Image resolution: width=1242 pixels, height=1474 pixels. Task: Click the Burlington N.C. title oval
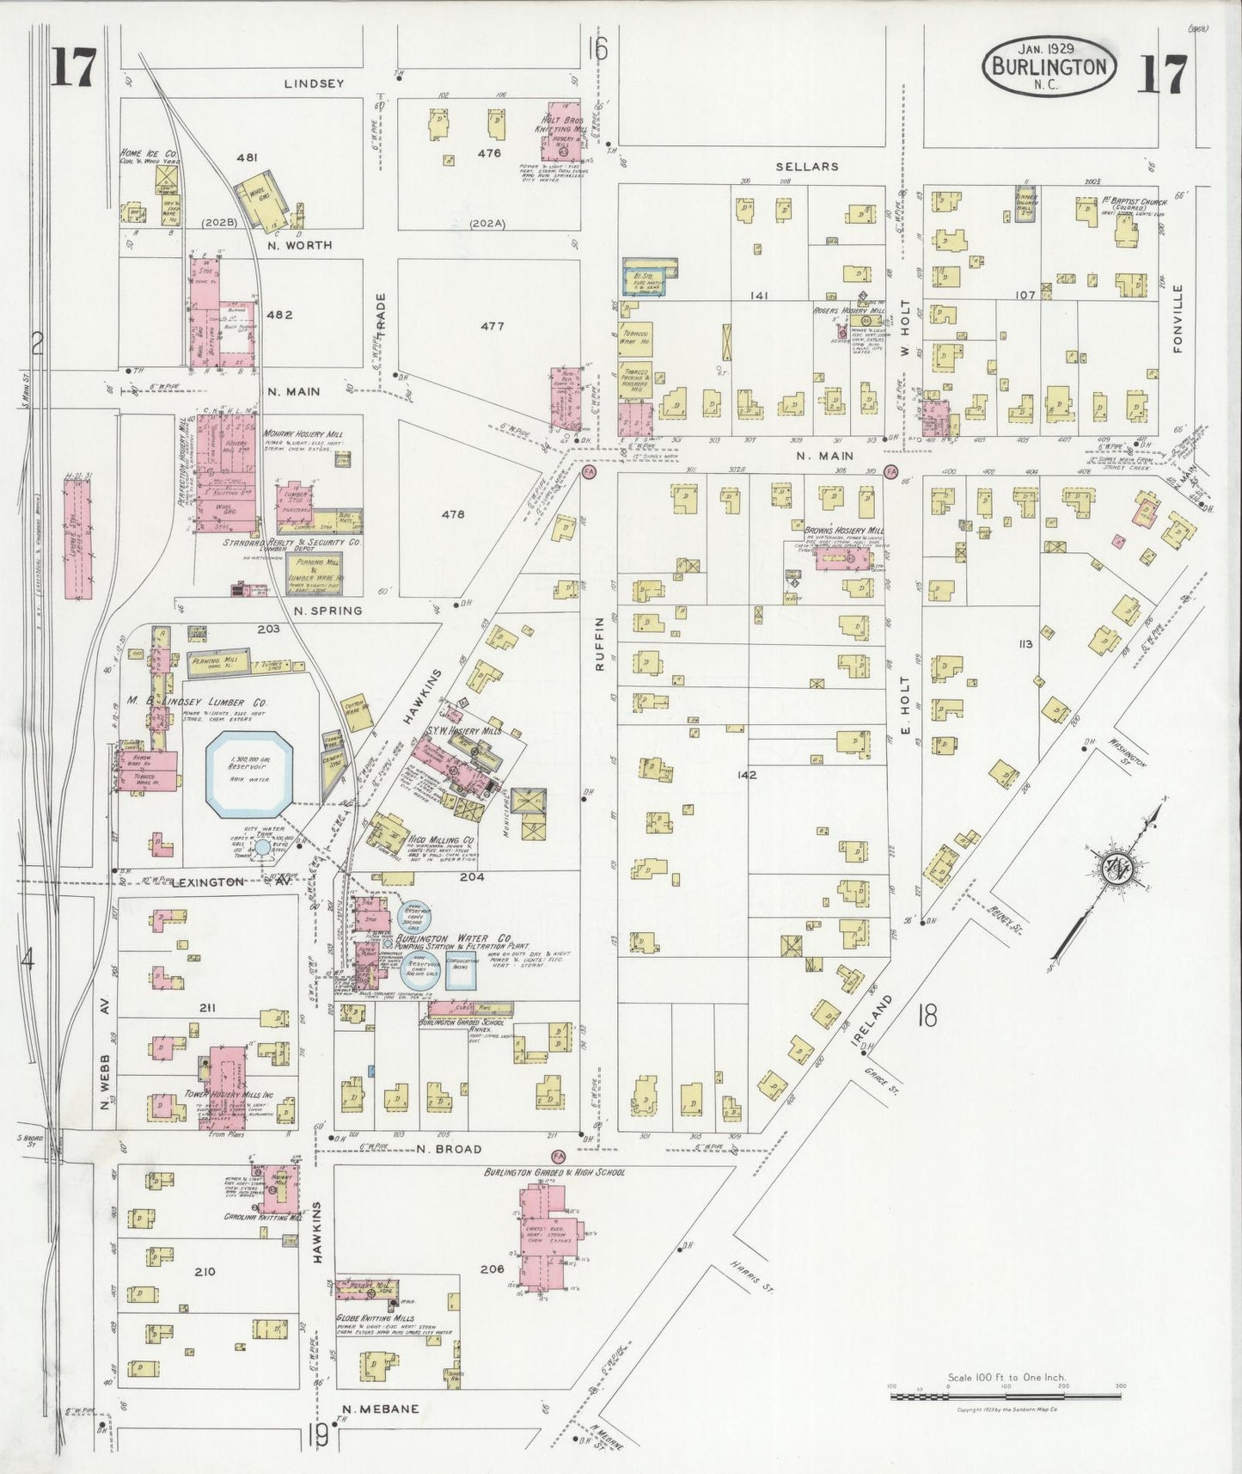1049,64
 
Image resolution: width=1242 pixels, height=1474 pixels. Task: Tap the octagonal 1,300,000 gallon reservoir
249,774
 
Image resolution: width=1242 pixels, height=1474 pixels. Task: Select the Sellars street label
806,166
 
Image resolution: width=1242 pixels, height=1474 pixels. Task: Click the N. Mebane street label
380,1409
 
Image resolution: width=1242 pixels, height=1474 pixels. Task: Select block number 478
453,514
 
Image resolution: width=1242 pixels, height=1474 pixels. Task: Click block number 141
758,295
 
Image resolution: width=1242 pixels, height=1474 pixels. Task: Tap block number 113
1024,643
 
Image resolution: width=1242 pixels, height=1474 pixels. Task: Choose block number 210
205,1271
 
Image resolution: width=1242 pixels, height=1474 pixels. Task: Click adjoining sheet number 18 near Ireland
927,1016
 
